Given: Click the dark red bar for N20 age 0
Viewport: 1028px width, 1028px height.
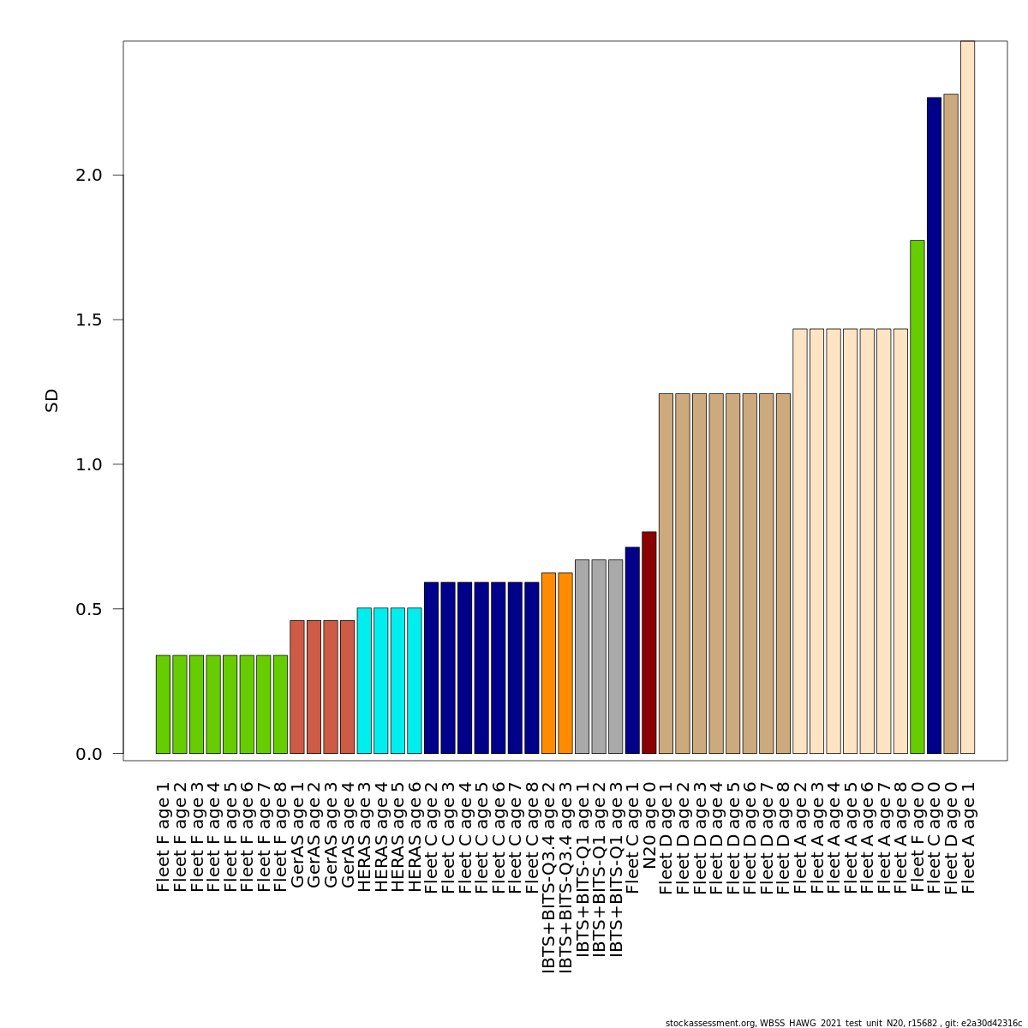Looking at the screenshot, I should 648,642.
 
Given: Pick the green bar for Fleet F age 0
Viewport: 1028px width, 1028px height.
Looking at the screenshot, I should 917,497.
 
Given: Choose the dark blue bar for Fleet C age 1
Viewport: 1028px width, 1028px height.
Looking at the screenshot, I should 632,650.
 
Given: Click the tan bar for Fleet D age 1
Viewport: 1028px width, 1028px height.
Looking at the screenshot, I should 666,573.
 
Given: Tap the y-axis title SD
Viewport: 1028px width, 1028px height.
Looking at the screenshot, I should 52,400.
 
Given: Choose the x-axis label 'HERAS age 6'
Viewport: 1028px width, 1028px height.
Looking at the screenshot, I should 415,836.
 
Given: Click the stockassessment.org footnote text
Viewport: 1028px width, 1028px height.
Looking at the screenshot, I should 843,1023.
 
